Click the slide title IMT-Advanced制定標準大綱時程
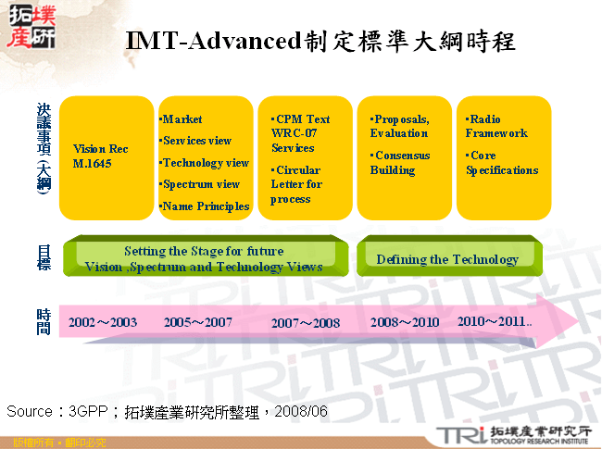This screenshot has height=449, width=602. (x=320, y=42)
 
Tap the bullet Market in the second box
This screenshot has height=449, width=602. (x=182, y=119)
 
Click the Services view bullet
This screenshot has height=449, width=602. (x=197, y=141)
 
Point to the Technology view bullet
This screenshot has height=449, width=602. (x=206, y=163)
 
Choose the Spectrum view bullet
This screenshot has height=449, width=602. (x=201, y=184)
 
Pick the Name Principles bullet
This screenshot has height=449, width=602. (x=206, y=206)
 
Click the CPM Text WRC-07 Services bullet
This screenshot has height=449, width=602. (x=300, y=133)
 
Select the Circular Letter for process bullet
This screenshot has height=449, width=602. (x=296, y=184)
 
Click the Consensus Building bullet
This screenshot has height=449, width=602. (x=400, y=163)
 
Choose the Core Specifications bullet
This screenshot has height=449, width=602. (x=501, y=163)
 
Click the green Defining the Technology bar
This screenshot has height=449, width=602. (x=447, y=259)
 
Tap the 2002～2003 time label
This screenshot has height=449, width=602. (x=103, y=322)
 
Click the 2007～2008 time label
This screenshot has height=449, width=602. (x=306, y=324)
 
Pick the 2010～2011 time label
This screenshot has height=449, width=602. (x=495, y=321)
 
